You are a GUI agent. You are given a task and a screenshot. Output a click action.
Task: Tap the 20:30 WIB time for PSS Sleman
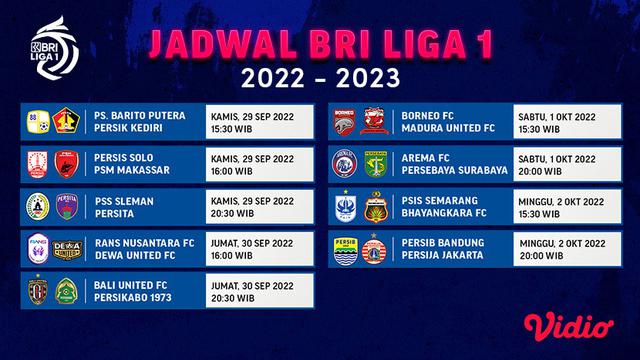coord(233,212)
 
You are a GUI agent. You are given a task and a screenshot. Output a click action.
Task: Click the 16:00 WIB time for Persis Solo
coord(233,170)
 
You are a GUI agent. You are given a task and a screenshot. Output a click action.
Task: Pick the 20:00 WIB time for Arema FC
coord(539,170)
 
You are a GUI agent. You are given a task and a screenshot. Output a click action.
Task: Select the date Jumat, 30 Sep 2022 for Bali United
coord(255,284)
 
